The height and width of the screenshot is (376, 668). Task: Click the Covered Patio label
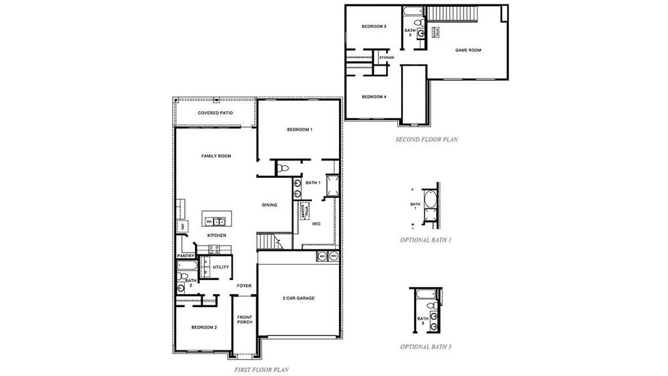[x=215, y=113]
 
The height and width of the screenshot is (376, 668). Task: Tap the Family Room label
[x=216, y=156]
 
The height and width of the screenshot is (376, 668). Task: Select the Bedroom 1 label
[x=300, y=130]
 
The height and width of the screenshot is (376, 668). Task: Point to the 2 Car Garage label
[x=298, y=298]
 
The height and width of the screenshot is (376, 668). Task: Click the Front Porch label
[x=244, y=320]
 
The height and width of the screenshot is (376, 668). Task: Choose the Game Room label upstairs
[x=467, y=50]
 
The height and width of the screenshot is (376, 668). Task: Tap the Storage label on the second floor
[x=387, y=58]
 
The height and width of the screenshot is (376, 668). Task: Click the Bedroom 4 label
[x=373, y=97]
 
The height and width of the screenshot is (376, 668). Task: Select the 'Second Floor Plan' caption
[x=426, y=140]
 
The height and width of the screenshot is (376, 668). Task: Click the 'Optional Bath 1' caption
[x=426, y=240]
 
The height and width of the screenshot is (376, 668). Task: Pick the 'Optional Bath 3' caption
[x=426, y=347]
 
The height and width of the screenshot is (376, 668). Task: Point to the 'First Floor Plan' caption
[x=261, y=370]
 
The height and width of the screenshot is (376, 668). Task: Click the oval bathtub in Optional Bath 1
[x=432, y=201]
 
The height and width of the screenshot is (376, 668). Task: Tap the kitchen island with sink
[x=216, y=221]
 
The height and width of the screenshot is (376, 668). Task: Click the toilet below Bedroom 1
[x=283, y=167]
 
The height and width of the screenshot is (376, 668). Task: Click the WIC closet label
[x=316, y=223]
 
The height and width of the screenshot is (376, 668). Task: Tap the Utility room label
[x=221, y=267]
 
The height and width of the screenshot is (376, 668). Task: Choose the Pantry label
[x=185, y=256]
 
